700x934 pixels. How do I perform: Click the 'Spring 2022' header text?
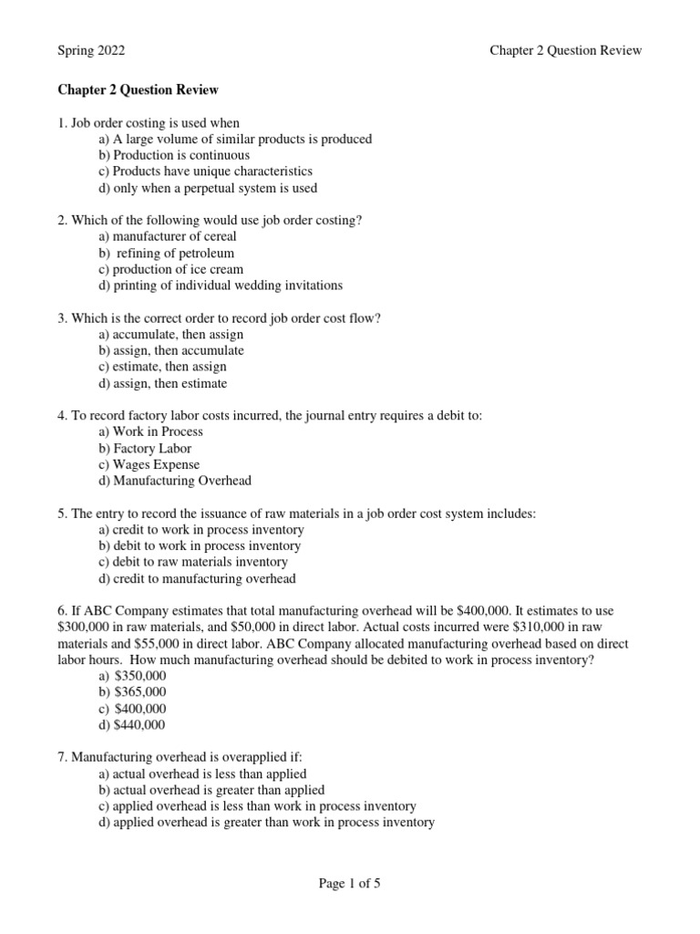[92, 50]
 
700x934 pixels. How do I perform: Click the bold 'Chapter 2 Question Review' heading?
[138, 90]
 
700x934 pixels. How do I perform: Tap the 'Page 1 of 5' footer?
[349, 883]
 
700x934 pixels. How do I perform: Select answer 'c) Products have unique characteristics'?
[205, 171]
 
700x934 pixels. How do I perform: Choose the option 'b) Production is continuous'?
[173, 155]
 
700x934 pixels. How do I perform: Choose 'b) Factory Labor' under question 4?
[145, 449]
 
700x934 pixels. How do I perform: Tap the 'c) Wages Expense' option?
[149, 465]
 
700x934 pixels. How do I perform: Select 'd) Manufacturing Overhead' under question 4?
[175, 481]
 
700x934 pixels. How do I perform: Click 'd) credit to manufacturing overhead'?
[197, 579]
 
